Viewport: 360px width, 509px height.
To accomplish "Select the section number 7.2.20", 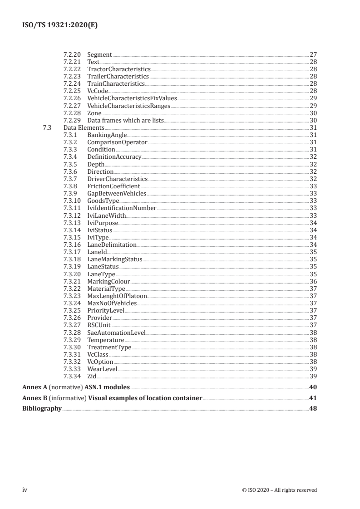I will point(71,55).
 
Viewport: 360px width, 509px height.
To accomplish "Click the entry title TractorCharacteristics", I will point(118,69).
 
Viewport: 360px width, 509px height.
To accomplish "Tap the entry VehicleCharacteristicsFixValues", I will point(132,98).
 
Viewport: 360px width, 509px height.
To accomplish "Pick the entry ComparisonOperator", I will point(118,142).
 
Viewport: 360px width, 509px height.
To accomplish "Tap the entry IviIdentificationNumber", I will point(122,208).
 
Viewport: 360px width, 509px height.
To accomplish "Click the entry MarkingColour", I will point(108,281).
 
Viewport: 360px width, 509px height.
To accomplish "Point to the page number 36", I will point(313,281).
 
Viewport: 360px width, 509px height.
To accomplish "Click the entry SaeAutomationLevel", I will point(116,332).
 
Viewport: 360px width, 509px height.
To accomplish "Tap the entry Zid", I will point(92,376).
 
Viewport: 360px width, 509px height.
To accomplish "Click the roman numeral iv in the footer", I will point(25,489).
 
